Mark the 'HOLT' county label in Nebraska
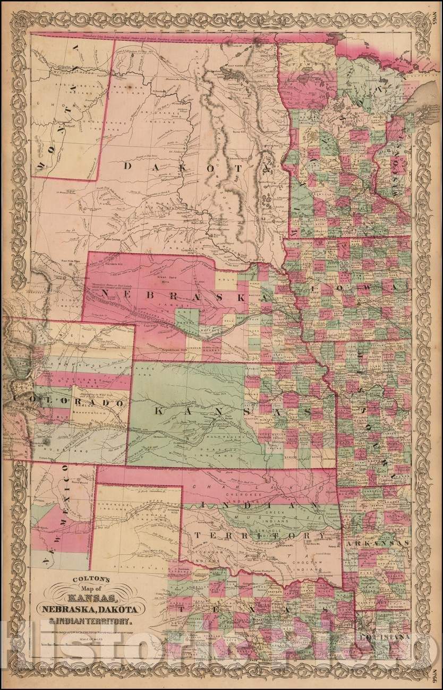coord(226,276)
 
